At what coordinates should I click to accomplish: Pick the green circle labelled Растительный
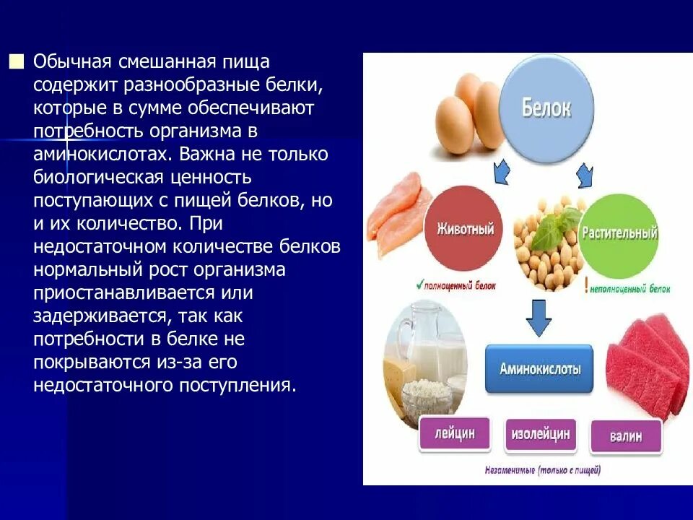[x=619, y=233]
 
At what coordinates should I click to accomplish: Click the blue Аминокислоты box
[x=539, y=368]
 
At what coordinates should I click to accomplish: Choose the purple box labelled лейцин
[x=453, y=435]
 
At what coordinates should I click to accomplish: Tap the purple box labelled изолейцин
[x=540, y=435]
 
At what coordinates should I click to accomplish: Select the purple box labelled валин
[x=626, y=437]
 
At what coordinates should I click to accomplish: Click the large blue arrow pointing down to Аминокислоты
[x=539, y=317]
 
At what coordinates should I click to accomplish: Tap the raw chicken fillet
[x=396, y=209]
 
